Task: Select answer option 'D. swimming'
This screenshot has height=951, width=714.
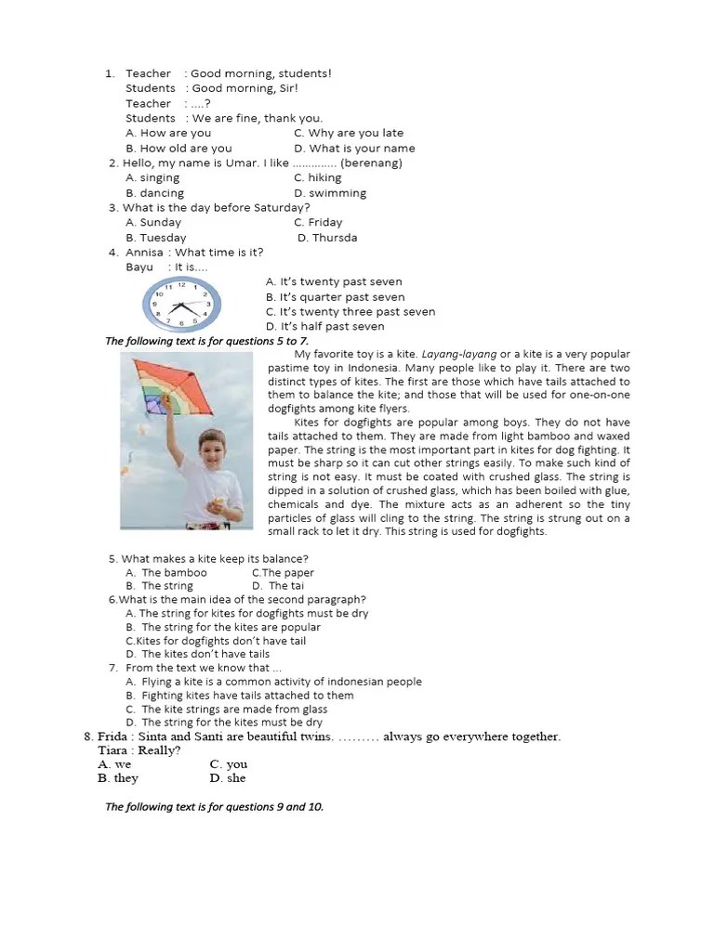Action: point(330,193)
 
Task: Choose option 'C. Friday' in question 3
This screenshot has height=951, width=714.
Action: point(318,223)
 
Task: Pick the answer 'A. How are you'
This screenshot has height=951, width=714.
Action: point(168,133)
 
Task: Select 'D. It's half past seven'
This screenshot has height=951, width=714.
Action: point(324,327)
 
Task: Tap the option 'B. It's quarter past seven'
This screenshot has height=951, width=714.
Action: point(335,297)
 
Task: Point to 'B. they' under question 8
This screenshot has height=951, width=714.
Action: point(118,778)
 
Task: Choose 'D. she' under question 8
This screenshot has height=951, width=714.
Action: point(228,778)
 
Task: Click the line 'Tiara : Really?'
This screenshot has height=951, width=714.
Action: point(139,750)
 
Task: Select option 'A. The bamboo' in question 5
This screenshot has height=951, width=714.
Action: point(166,573)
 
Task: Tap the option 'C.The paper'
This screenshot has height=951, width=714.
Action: point(283,573)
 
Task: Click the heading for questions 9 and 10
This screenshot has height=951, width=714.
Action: point(214,807)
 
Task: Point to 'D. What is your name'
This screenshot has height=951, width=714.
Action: point(354,149)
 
